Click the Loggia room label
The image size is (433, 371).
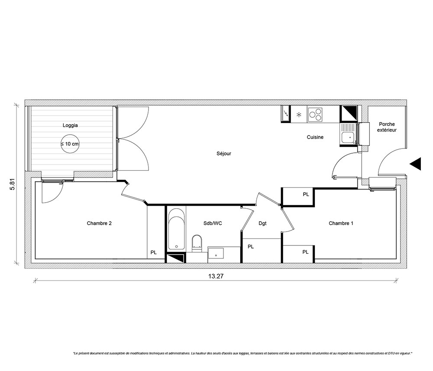click(70, 125)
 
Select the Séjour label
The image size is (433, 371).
click(224, 154)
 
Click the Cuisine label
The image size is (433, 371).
click(315, 137)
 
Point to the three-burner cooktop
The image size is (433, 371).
click(315, 114)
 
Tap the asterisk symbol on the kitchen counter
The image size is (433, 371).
click(299, 115)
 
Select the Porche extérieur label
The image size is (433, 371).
click(387, 127)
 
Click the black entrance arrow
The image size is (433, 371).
click(415, 164)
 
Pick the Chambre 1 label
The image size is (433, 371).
click(341, 223)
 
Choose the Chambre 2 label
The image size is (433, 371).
click(99, 223)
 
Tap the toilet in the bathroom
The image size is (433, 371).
click(197, 243)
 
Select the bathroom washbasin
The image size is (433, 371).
click(216, 253)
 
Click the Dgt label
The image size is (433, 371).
click(263, 223)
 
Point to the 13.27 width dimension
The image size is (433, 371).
click(216, 276)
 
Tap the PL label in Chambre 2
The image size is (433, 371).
click(154, 252)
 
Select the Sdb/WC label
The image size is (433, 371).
click(213, 223)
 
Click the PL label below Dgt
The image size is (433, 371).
click(251, 247)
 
